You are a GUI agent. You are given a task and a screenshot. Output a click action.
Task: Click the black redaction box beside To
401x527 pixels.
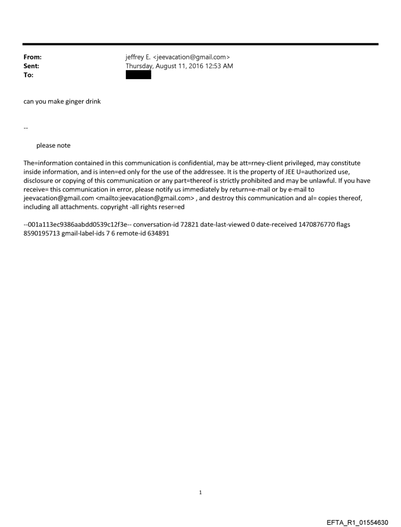click(138, 75)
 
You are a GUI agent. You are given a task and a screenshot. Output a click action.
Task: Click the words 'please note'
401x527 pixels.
click(53, 145)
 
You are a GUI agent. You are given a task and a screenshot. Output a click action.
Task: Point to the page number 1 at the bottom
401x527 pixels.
click(200, 492)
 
